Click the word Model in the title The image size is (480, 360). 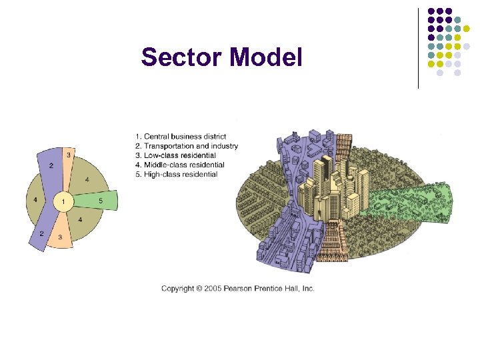click(267, 57)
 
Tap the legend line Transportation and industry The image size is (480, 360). click(186, 146)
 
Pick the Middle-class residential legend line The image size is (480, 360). click(179, 165)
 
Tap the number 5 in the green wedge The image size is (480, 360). click(101, 200)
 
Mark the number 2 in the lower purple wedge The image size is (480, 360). click(42, 233)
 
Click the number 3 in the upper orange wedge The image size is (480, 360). click(68, 155)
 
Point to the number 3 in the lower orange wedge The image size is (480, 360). click(61, 237)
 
